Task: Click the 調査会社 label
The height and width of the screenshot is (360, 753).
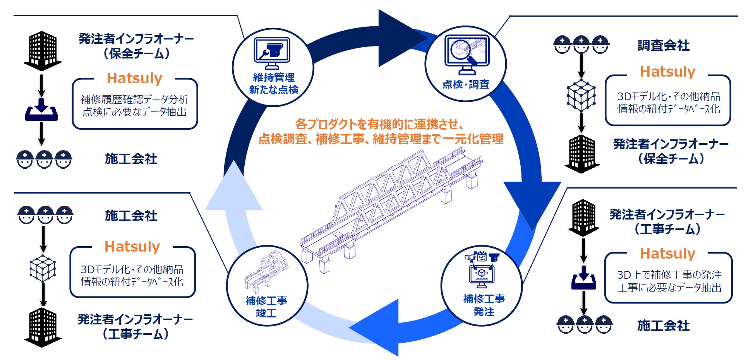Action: pyautogui.click(x=663, y=46)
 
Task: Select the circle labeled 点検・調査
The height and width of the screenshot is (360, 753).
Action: pyautogui.click(x=465, y=64)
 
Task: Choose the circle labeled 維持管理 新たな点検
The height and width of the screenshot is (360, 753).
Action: pyautogui.click(x=273, y=67)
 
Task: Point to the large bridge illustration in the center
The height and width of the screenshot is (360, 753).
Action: pyautogui.click(x=391, y=209)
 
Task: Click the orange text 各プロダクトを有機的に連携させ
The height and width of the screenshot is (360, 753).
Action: pyautogui.click(x=379, y=124)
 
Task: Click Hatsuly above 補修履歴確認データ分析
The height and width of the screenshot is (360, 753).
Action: pyautogui.click(x=134, y=78)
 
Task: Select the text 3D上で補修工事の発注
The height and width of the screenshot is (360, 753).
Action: pyautogui.click(x=669, y=275)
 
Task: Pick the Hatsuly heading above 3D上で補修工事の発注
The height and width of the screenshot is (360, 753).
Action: pyautogui.click(x=667, y=254)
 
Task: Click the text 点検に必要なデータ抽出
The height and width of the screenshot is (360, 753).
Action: pyautogui.click(x=134, y=112)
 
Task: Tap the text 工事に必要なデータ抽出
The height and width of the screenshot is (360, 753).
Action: pyautogui.click(x=669, y=288)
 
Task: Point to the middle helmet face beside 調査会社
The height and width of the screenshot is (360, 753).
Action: pyautogui.click(x=581, y=45)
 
